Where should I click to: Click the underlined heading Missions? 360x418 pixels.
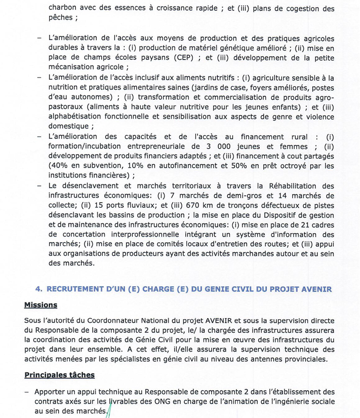tap(41, 305)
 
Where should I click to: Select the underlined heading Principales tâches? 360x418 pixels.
tap(59, 375)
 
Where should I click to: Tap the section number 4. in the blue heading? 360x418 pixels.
tap(38, 289)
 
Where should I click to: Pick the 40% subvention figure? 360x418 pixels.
tap(58, 166)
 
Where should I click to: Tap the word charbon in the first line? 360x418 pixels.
tap(63, 8)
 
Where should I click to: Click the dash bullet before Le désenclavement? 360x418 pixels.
tap(39, 185)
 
